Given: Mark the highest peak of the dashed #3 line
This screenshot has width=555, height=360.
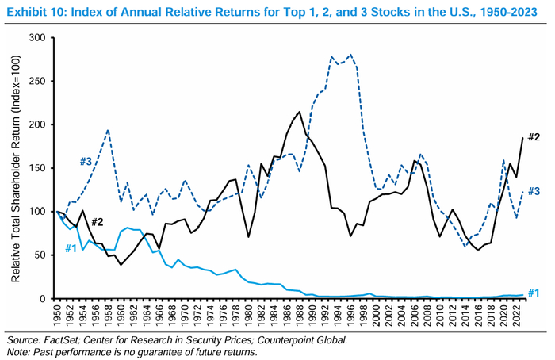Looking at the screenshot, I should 350,55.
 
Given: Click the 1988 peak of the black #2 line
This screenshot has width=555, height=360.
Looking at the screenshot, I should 299,112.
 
